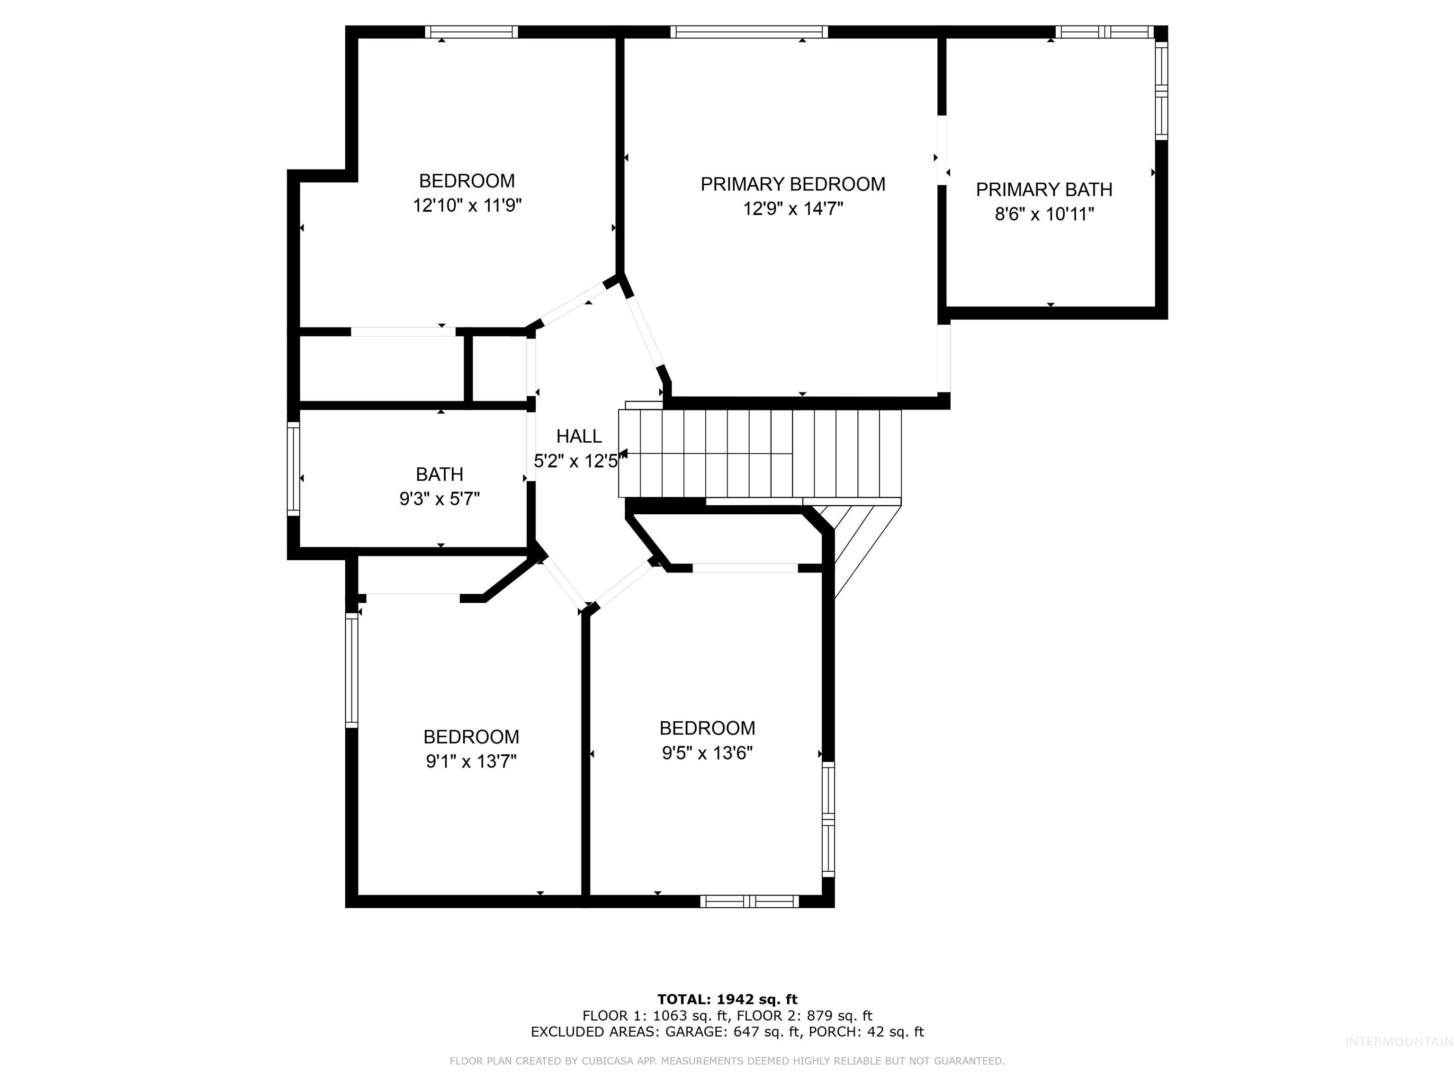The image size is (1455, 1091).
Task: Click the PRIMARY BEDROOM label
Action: tap(792, 184)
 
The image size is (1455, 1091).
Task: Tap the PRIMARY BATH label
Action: tap(1044, 189)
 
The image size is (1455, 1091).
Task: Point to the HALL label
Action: tap(579, 436)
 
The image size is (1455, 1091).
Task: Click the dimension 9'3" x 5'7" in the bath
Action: tap(440, 499)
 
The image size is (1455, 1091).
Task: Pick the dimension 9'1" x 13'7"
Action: tap(471, 761)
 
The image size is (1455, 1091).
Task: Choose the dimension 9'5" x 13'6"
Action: tap(707, 753)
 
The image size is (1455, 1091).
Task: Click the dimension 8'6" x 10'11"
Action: tap(1044, 215)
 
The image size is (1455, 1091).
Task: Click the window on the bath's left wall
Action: tap(293, 469)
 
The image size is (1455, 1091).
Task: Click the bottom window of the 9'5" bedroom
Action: tap(749, 901)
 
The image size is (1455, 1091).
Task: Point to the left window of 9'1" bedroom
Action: tap(352, 670)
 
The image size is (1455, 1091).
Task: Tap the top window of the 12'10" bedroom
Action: tap(471, 32)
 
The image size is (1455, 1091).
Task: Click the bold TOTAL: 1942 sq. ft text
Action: tap(727, 1000)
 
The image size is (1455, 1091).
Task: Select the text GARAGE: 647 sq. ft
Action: tap(733, 1032)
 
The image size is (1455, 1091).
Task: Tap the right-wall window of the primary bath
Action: tap(1162, 91)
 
